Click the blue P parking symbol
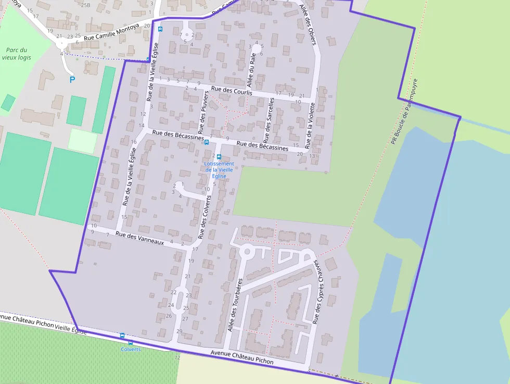(72, 80)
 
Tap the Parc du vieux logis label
(17, 54)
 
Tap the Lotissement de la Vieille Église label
(219, 170)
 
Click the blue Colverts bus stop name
(130, 349)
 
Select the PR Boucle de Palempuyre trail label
(404, 111)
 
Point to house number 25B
(86, 5)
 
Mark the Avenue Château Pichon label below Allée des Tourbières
(242, 357)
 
